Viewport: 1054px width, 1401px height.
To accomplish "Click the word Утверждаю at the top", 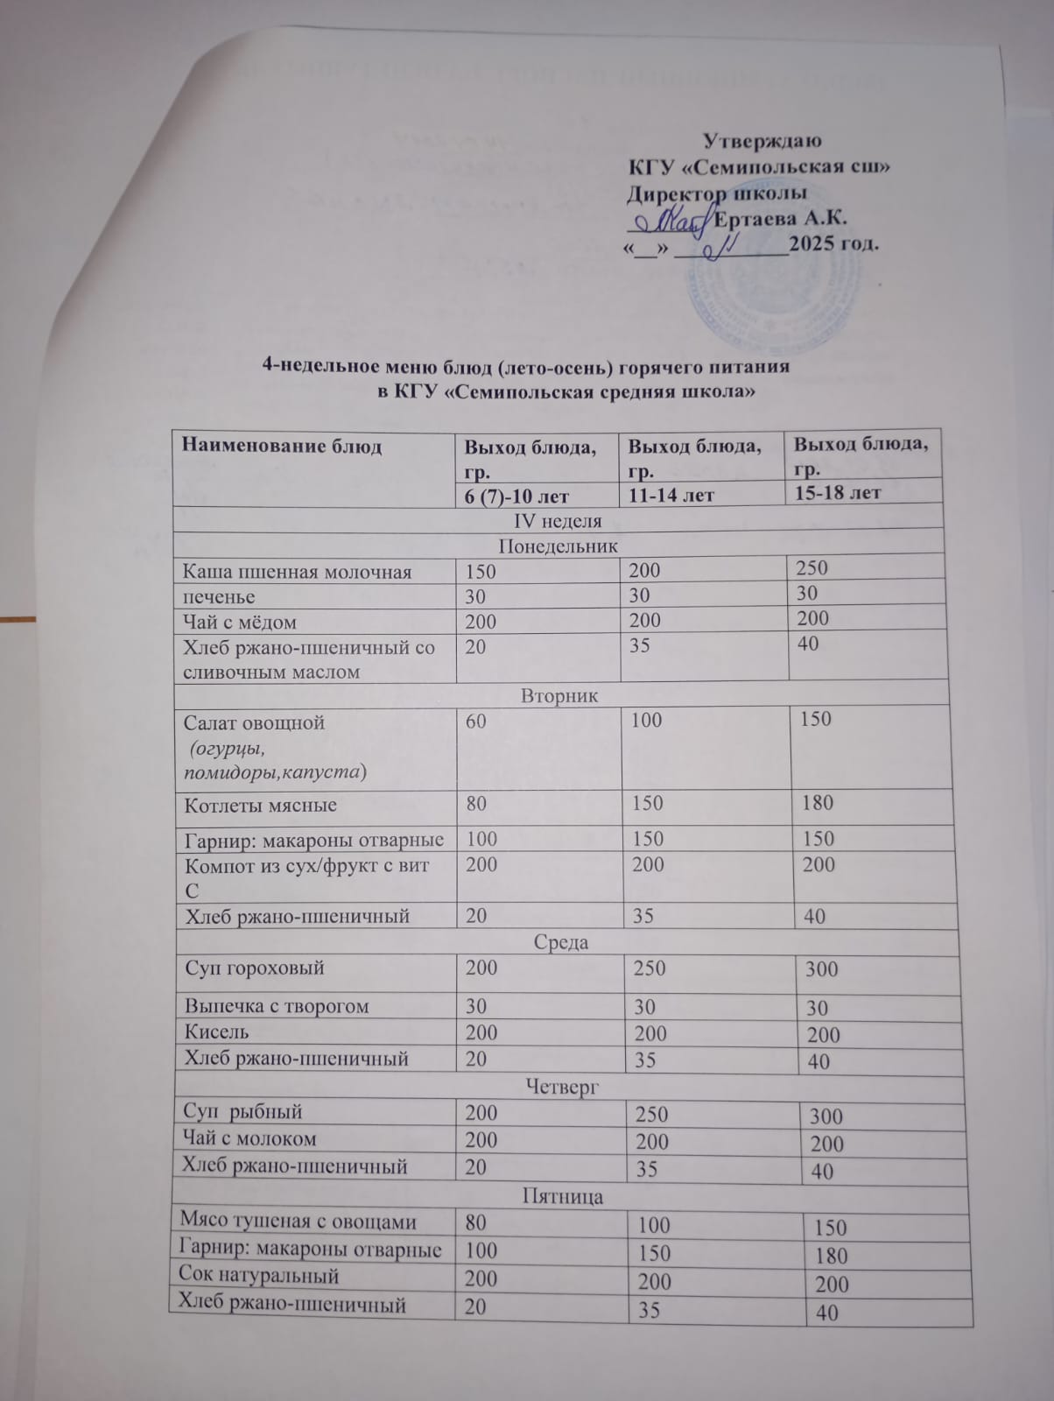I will pos(762,140).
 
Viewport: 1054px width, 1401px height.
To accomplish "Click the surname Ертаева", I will pos(757,219).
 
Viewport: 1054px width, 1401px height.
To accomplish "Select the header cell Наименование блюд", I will pos(282,446).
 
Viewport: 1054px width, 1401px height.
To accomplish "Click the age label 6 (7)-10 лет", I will pos(516,496).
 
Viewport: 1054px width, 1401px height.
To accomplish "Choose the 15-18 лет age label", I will pos(837,492).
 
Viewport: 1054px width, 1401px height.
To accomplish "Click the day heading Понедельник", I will pos(559,546).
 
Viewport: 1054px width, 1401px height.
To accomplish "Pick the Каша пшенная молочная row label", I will pos(297,572).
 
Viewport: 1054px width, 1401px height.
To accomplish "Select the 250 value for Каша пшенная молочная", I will pos(812,567).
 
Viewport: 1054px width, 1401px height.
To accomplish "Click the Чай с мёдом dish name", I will pos(240,623).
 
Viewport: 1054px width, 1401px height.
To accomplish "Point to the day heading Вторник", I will pos(559,696).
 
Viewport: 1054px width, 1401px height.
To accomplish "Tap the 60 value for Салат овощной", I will pos(476,721).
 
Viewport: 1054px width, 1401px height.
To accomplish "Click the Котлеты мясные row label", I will pos(260,806).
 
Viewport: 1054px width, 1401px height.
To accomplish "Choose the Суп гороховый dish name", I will pos(255,968).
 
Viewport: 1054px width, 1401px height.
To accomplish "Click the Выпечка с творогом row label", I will pos(277,1006).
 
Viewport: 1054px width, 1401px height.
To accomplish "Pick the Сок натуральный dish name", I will pos(258,1276).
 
